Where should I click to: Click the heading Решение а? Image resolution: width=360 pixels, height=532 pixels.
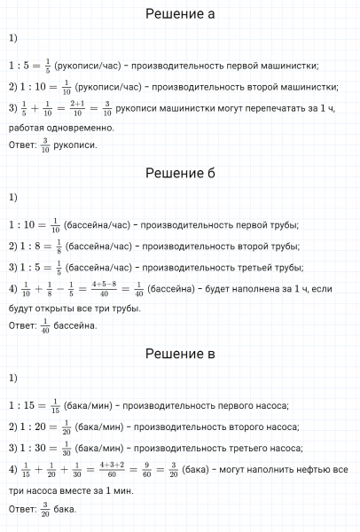click(180, 14)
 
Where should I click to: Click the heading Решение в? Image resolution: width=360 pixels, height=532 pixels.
click(180, 354)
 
